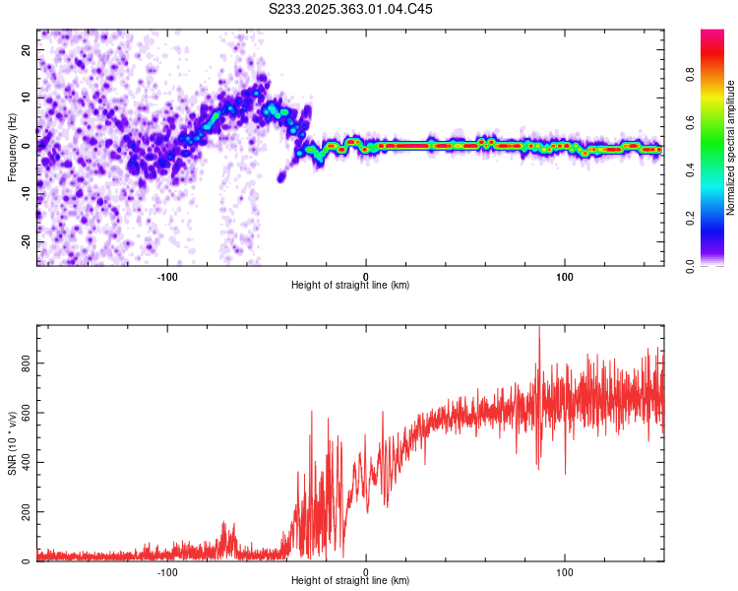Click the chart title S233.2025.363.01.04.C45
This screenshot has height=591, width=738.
[x=350, y=9]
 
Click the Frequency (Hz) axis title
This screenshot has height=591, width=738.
[x=12, y=147]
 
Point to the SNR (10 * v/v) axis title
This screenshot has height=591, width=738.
[x=12, y=444]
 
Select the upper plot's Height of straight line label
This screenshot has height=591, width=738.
[x=350, y=285]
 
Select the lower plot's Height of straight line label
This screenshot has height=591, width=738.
[x=350, y=580]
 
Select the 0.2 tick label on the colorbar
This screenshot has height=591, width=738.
[x=690, y=219]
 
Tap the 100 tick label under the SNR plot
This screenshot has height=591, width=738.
[x=565, y=570]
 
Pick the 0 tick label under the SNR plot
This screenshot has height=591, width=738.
[x=366, y=570]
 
